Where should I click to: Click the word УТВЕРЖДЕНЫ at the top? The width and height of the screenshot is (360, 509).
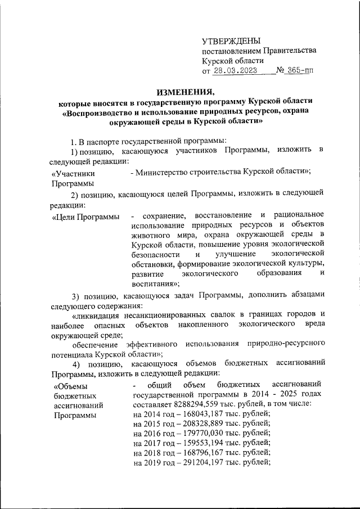[232, 40]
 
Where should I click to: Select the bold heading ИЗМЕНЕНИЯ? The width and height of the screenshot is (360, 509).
[185, 92]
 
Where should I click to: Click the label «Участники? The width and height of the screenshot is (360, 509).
[73, 174]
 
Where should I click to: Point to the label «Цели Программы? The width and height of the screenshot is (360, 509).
[85, 217]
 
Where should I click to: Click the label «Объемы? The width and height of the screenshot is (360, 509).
[71, 385]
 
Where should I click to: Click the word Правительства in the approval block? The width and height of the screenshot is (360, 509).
[289, 51]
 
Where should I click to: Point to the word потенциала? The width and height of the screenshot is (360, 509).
[74, 355]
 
